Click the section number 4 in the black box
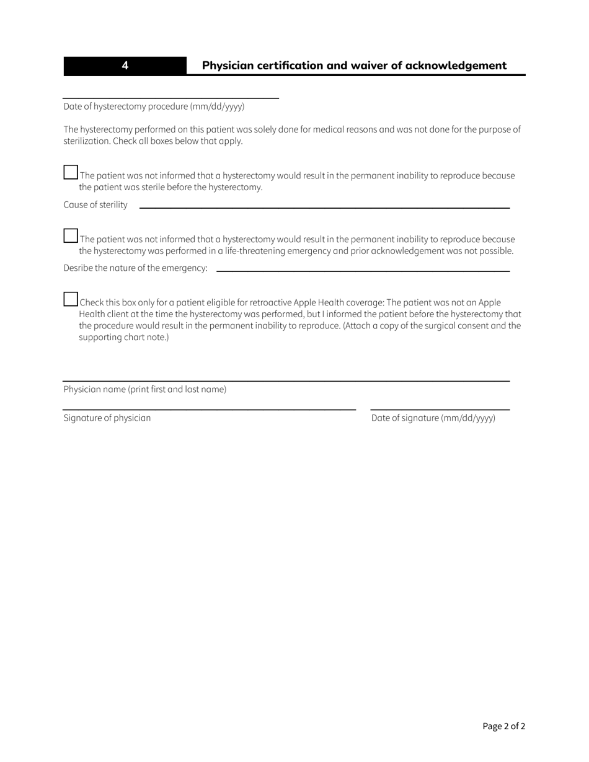click(125, 66)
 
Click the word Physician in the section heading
click(227, 66)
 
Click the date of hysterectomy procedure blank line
click(170, 94)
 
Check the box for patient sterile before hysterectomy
click(71, 172)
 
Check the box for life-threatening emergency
click(71, 235)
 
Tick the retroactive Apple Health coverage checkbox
click(71, 299)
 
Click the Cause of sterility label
click(95, 205)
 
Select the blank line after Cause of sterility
click(324, 206)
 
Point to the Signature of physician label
click(107, 418)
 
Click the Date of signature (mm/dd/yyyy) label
click(433, 418)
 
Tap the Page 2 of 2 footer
click(503, 727)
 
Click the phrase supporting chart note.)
click(123, 338)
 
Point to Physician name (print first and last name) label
click(144, 390)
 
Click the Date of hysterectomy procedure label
click(154, 107)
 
